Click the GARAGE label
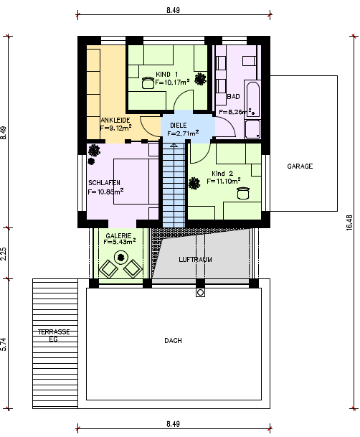point(300,166)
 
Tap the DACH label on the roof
point(173,341)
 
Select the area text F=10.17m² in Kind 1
point(172,82)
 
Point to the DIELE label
point(179,125)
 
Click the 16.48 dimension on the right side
point(350,222)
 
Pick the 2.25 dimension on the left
point(4,253)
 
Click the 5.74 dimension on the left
point(4,344)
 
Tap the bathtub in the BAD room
point(253,99)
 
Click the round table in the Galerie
point(120,257)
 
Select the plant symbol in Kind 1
point(200,79)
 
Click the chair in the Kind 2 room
point(243,193)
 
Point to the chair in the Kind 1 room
point(148,83)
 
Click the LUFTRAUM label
point(195,260)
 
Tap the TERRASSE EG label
point(54,335)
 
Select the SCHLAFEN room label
point(104,183)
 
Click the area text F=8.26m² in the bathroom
point(237,111)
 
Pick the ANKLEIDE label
point(115,120)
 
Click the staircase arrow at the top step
point(174,145)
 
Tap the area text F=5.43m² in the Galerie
point(120,242)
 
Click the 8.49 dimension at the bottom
point(173,424)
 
